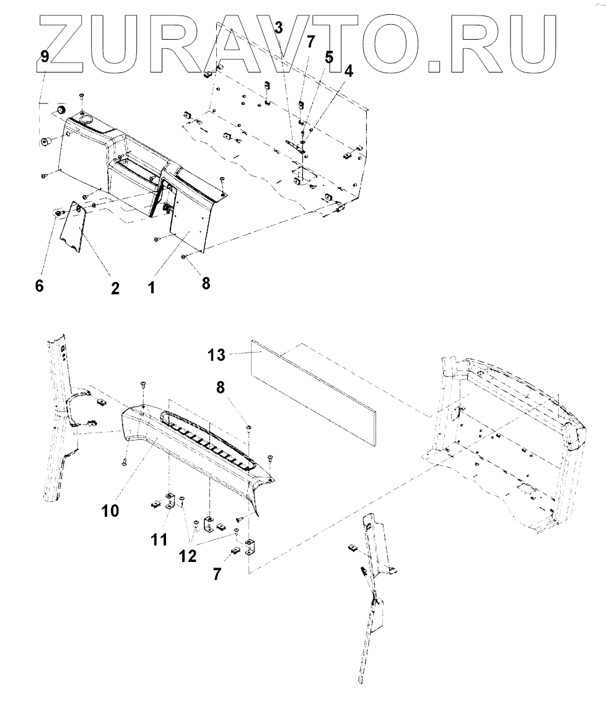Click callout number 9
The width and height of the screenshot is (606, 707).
tap(44, 56)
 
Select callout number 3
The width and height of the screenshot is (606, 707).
tap(278, 28)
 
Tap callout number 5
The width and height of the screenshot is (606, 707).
tap(328, 58)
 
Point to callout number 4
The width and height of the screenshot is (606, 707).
tap(349, 71)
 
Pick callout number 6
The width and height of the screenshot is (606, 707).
tap(40, 287)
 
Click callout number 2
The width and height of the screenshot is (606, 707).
tap(115, 288)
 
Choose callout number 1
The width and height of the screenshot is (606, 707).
tap(151, 288)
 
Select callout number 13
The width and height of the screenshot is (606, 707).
tap(216, 356)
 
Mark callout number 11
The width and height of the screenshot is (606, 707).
tap(160, 540)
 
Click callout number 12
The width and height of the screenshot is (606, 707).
tap(188, 556)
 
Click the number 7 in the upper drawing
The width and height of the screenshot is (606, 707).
tap(310, 42)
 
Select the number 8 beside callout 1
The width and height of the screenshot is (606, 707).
tap(206, 283)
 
